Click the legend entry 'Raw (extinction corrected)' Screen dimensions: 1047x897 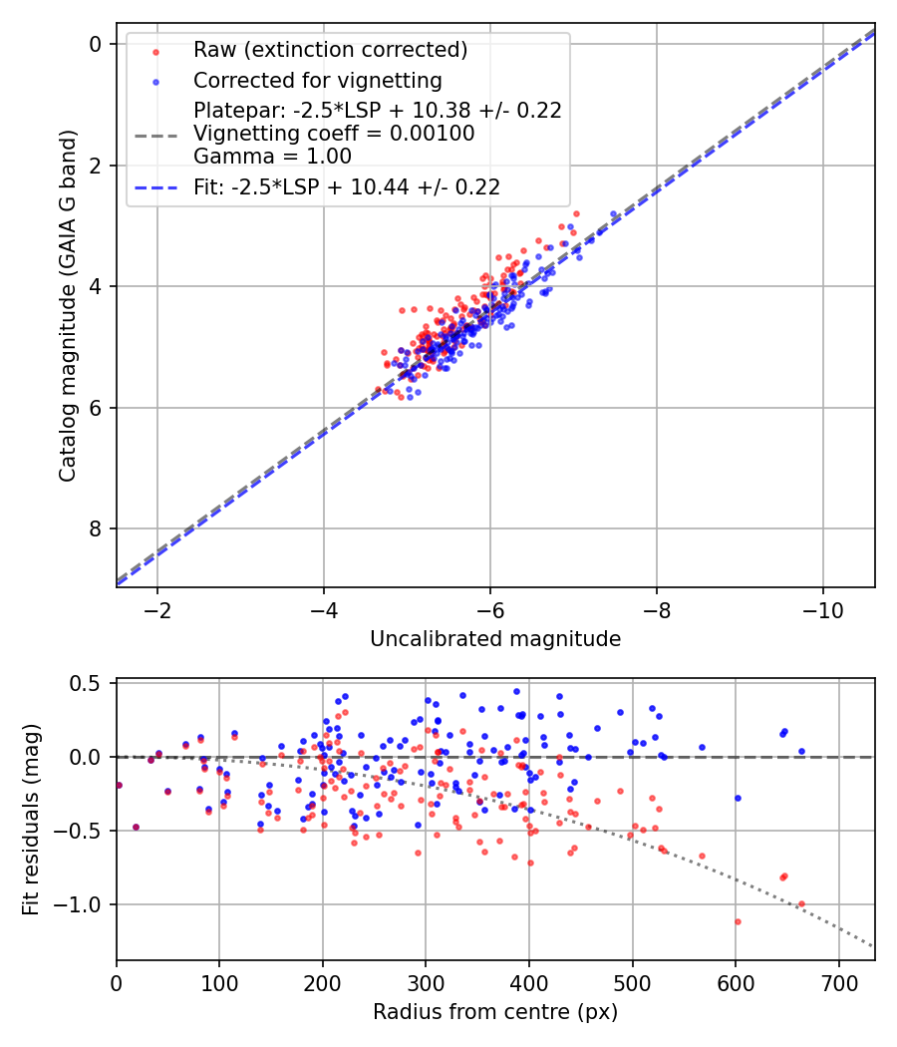tap(330, 50)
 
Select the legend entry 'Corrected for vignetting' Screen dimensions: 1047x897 tap(317, 80)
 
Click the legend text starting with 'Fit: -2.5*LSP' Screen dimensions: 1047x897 tap(347, 186)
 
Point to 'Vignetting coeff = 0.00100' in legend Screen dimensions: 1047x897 tap(334, 133)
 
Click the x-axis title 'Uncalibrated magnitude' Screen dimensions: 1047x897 tap(495, 639)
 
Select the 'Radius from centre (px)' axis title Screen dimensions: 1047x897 tap(495, 1012)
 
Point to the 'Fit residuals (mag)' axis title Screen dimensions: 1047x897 tap(31, 820)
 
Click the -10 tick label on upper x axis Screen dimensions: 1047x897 tap(822, 609)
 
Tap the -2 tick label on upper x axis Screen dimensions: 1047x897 tap(156, 609)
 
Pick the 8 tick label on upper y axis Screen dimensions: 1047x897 tap(96, 528)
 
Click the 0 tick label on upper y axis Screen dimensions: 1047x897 tap(96, 44)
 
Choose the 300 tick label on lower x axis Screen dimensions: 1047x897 tap(426, 983)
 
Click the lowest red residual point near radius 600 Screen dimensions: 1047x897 tap(738, 921)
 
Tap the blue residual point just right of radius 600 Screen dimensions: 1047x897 tap(738, 798)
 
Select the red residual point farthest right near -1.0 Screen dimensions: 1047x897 tap(800, 904)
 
